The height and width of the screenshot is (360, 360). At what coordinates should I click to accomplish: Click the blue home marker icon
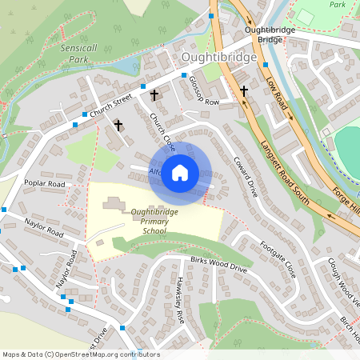click(x=180, y=172)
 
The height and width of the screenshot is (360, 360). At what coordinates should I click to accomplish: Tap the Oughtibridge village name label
click(x=218, y=58)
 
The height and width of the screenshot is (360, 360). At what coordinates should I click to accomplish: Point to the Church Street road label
click(x=110, y=106)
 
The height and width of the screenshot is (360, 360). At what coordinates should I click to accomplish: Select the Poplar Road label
click(x=44, y=183)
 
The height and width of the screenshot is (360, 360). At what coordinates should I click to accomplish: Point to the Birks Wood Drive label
click(x=219, y=265)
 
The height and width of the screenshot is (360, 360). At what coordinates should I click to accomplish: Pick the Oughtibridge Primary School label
click(x=137, y=221)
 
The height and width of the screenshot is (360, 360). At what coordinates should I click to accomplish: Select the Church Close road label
click(x=162, y=132)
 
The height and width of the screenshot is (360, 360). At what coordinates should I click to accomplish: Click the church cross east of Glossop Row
click(x=244, y=91)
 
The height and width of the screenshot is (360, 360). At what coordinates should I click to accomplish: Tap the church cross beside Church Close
click(x=118, y=126)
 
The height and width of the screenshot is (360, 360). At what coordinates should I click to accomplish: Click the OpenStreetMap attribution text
click(x=80, y=354)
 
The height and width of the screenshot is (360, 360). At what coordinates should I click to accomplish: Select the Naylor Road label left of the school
click(x=43, y=226)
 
